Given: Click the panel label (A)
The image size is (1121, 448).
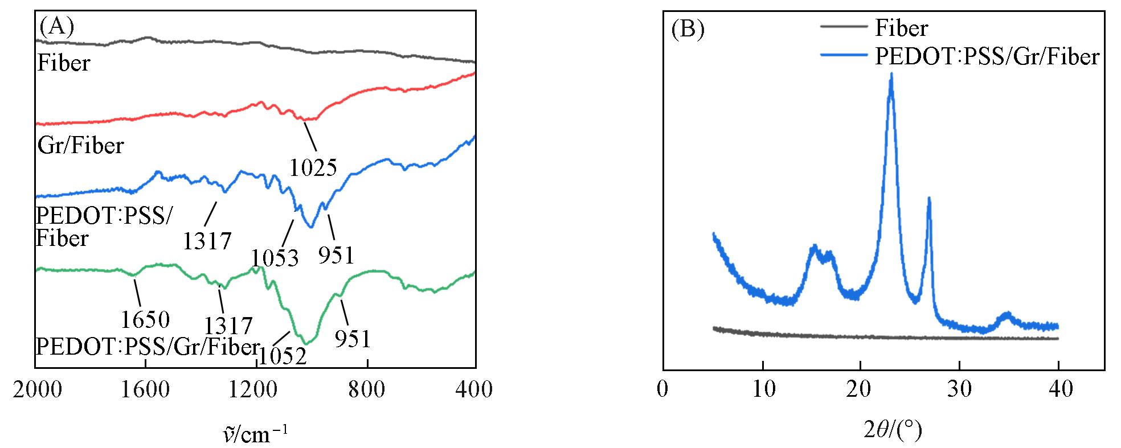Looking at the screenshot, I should (x=56, y=26).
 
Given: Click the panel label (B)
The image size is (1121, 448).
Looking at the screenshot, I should (x=688, y=29).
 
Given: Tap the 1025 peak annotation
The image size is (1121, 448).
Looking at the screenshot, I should (x=313, y=167).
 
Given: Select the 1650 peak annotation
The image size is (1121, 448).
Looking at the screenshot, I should (x=145, y=320).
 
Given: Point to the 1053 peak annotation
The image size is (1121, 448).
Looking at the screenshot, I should (x=275, y=258).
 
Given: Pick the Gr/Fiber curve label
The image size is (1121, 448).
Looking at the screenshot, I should (x=80, y=146).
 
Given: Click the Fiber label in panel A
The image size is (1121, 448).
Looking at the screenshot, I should (x=63, y=63).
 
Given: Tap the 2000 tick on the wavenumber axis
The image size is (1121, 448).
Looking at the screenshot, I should (x=35, y=390).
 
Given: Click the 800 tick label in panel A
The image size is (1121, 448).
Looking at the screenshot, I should (x=367, y=390).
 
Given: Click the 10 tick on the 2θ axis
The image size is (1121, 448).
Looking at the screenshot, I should (x=762, y=390).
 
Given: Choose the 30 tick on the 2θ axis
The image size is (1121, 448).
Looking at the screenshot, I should (x=960, y=390).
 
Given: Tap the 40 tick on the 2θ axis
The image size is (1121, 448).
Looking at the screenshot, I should (x=1058, y=390).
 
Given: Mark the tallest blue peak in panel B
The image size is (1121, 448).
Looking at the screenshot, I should (x=891, y=75).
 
